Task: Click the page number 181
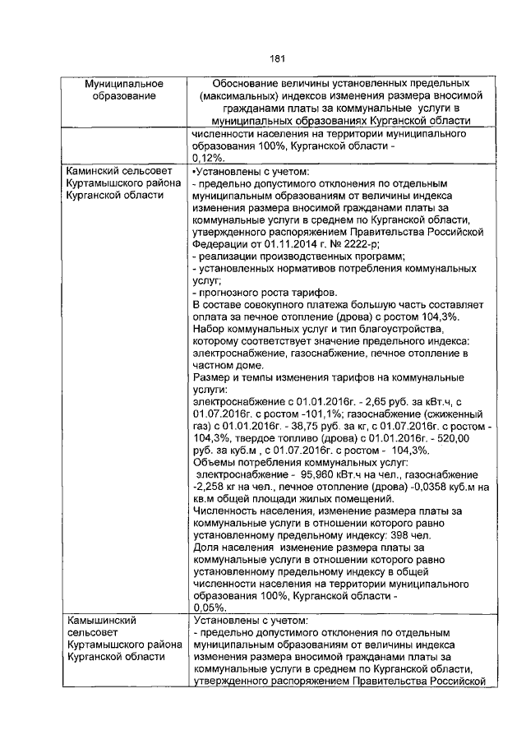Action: click(277, 58)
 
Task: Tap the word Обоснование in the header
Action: click(250, 85)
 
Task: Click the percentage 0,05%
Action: click(205, 606)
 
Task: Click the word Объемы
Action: click(212, 462)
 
